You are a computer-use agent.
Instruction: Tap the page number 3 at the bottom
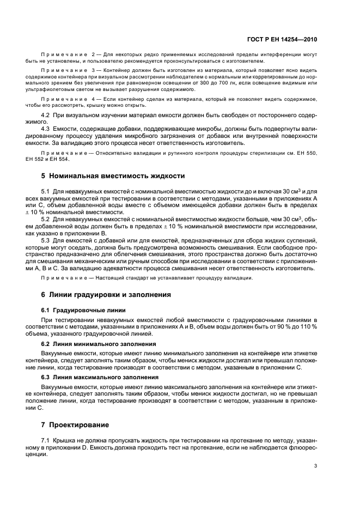(315, 466)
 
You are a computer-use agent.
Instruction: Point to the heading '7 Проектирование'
(76, 424)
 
